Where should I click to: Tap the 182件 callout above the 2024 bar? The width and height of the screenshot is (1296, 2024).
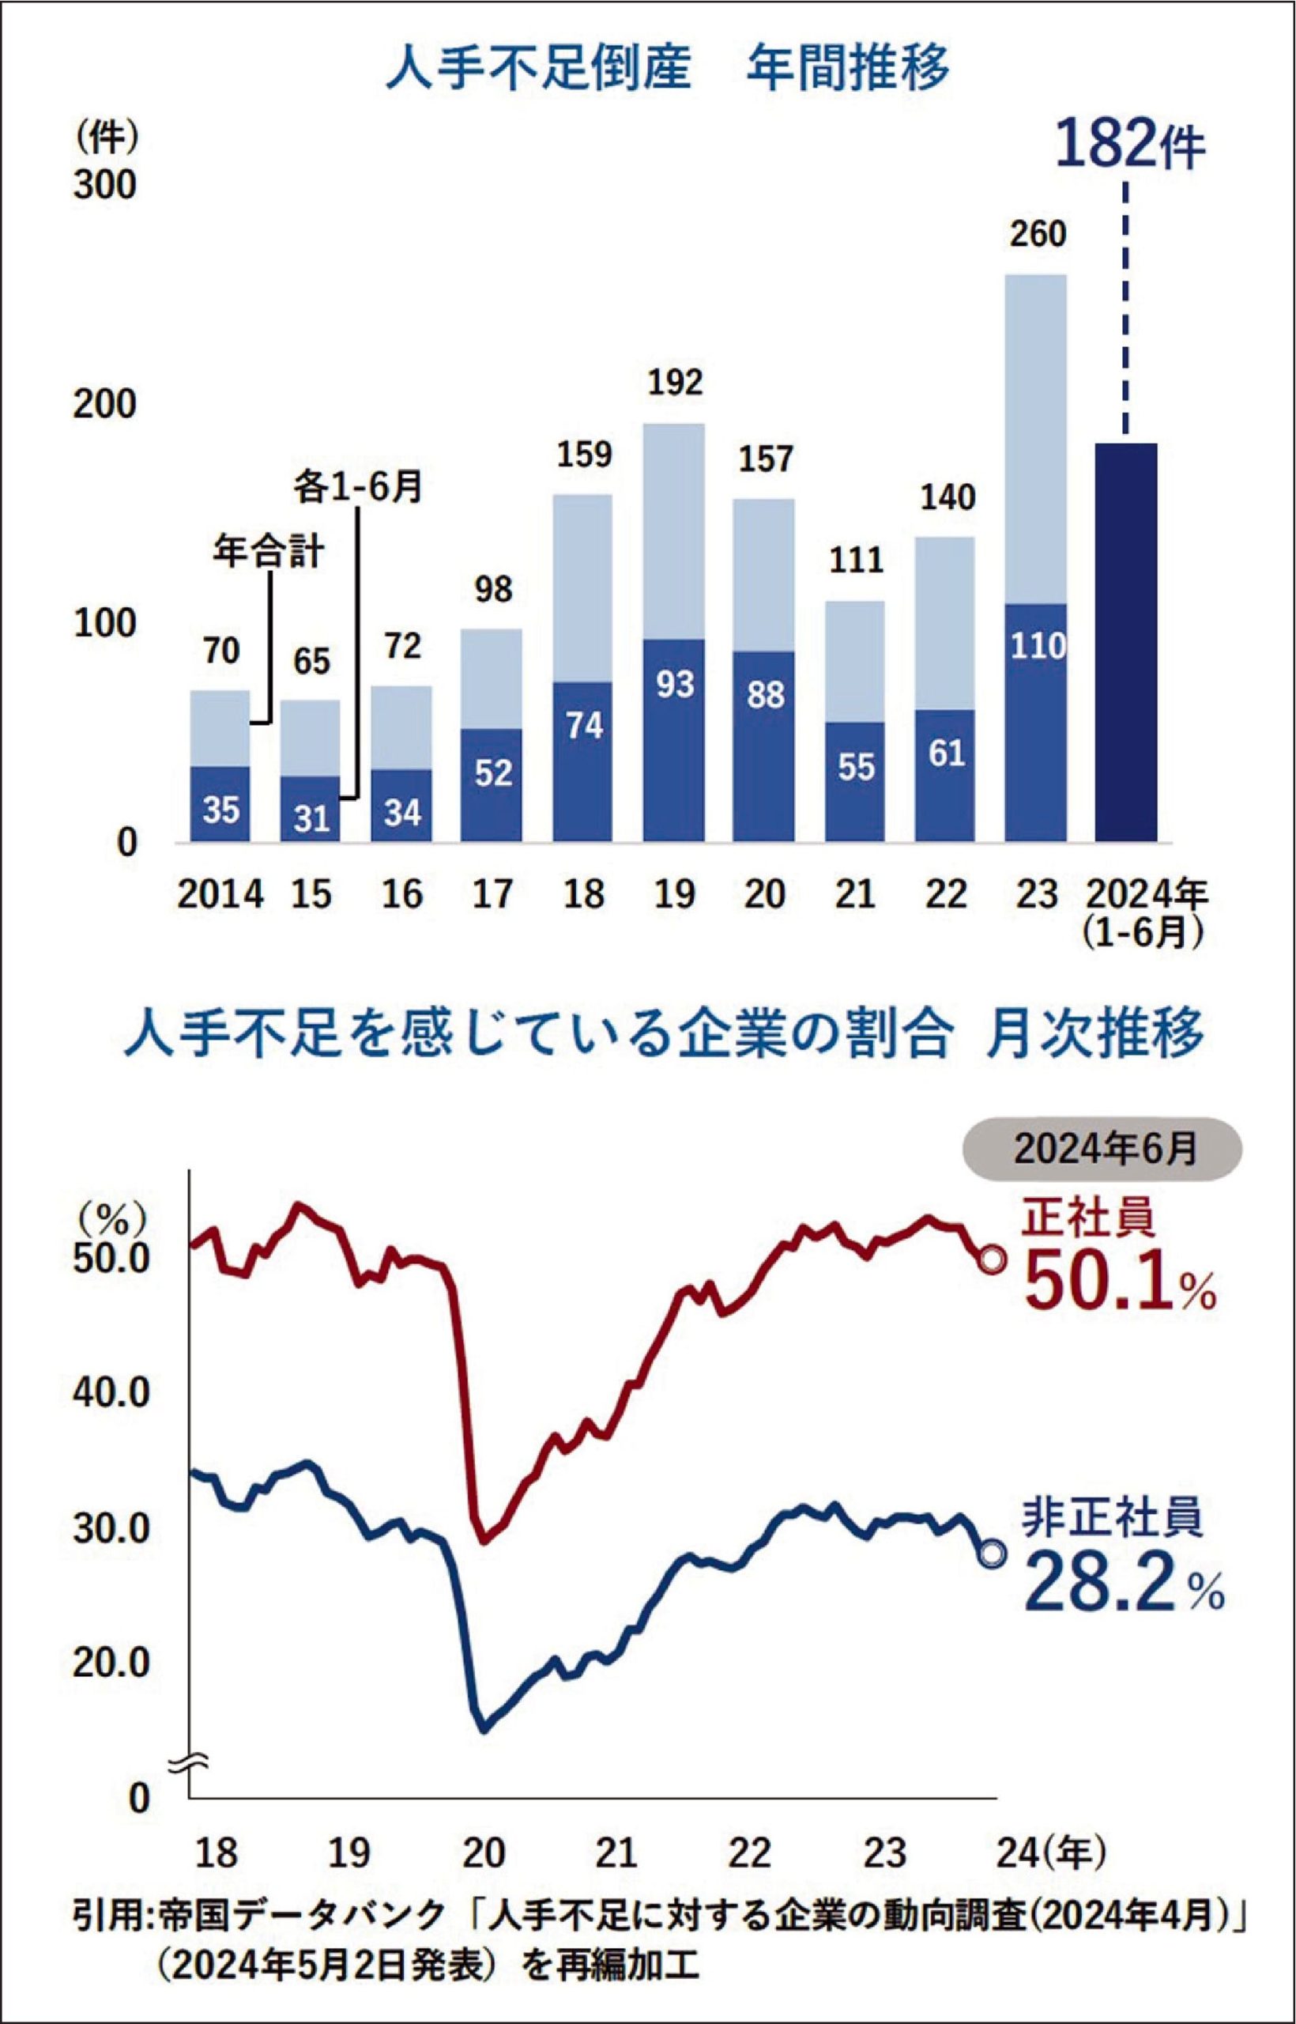[1128, 145]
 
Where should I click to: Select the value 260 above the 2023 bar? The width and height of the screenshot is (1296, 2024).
[1038, 234]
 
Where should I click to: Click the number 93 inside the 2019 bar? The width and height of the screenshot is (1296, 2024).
[674, 685]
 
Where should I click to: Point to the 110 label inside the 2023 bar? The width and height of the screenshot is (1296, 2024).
[1038, 646]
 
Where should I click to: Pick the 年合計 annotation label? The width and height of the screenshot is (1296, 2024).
[268, 553]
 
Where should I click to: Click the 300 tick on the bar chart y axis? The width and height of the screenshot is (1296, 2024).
[104, 186]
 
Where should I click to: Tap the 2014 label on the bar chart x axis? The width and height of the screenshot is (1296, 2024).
[220, 893]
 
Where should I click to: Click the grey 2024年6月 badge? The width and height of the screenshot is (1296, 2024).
[1102, 1149]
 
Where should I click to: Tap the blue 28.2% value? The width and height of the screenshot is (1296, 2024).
[1123, 1583]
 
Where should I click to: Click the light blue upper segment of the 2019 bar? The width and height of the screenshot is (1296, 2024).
[674, 531]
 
